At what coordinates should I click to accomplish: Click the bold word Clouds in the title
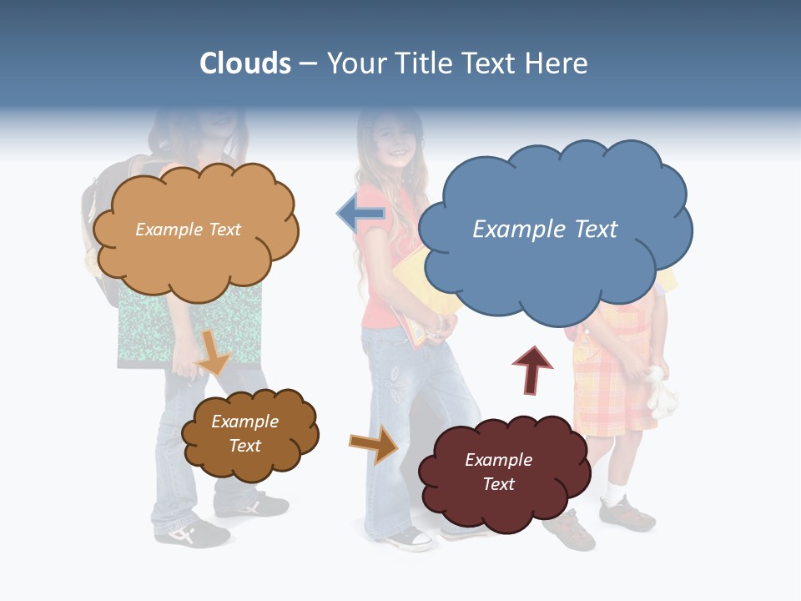click(x=244, y=63)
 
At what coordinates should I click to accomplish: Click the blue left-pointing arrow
click(x=361, y=214)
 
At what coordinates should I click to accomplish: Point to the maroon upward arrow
click(x=532, y=367)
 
